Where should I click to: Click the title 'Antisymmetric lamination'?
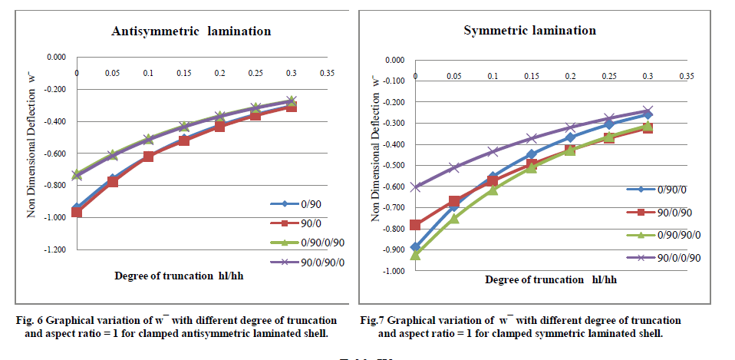(191, 31)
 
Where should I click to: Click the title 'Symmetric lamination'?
(529, 31)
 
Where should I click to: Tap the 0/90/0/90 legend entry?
(305, 243)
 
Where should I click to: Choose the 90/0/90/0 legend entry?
(305, 263)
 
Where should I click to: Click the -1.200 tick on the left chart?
(56, 250)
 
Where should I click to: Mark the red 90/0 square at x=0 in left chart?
(77, 211)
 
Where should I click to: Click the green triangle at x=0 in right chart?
(415, 254)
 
